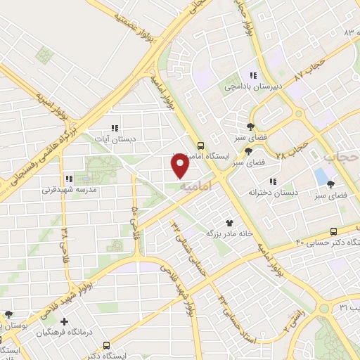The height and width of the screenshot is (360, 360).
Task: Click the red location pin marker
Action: pos(181,165)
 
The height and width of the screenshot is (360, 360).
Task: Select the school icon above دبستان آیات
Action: pos(114,128)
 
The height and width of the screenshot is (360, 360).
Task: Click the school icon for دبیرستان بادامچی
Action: pos(252,76)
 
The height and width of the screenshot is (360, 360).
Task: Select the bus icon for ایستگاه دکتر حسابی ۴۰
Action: pos(333,231)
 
